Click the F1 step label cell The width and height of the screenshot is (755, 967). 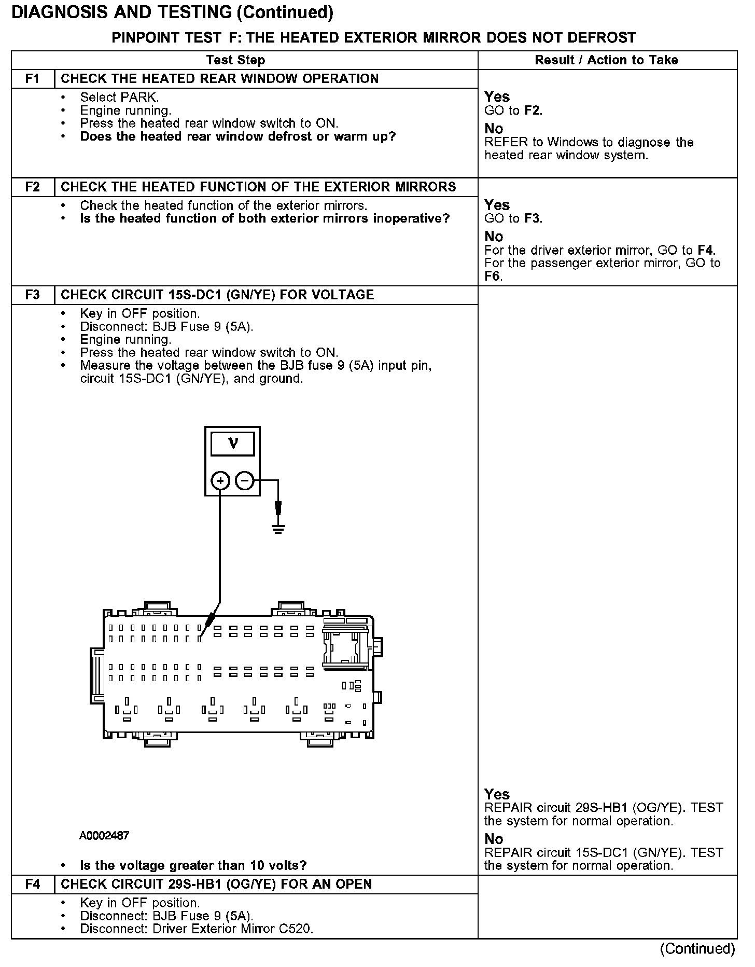tap(32, 79)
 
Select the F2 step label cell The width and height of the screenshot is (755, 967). tap(32, 187)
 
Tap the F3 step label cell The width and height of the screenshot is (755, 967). tap(32, 295)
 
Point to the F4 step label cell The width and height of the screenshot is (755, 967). tap(32, 884)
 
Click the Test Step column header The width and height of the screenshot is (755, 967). tap(235, 60)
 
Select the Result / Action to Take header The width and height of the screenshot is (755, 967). tap(606, 60)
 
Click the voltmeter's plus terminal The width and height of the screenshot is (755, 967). tap(220, 481)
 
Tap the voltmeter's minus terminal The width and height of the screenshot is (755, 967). tap(245, 481)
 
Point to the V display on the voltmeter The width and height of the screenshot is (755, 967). tap(233, 444)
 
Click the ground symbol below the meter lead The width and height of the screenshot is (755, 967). tap(278, 529)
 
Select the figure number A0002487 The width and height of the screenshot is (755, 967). tap(104, 836)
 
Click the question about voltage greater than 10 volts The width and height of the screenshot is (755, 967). tap(193, 865)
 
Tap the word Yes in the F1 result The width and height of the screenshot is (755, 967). tap(497, 97)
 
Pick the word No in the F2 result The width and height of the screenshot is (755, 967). tap(494, 237)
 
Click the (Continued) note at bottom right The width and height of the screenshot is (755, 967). tap(697, 948)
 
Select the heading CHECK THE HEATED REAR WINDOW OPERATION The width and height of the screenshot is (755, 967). tap(220, 79)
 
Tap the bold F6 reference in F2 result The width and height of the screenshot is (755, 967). tap(492, 276)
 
